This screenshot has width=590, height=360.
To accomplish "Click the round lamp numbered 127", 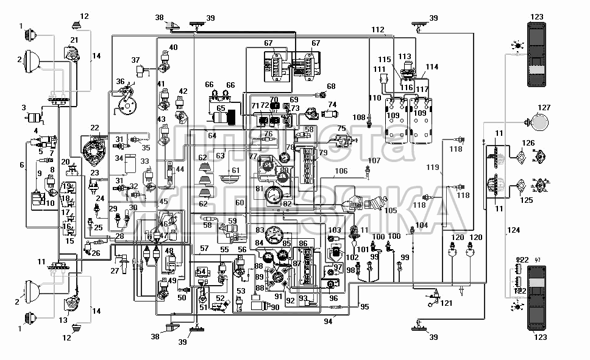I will (x=538, y=124).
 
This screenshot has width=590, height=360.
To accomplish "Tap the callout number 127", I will (x=544, y=107).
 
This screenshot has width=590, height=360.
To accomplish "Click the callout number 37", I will (x=135, y=60).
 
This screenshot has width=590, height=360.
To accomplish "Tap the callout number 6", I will (x=22, y=165).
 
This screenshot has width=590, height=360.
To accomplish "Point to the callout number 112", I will (x=378, y=29).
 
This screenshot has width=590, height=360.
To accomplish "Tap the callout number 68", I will (x=331, y=86).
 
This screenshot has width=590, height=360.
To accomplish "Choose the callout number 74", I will (x=332, y=105).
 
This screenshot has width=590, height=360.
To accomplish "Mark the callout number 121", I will (x=447, y=303).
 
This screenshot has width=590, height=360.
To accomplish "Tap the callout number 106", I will (x=341, y=171).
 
